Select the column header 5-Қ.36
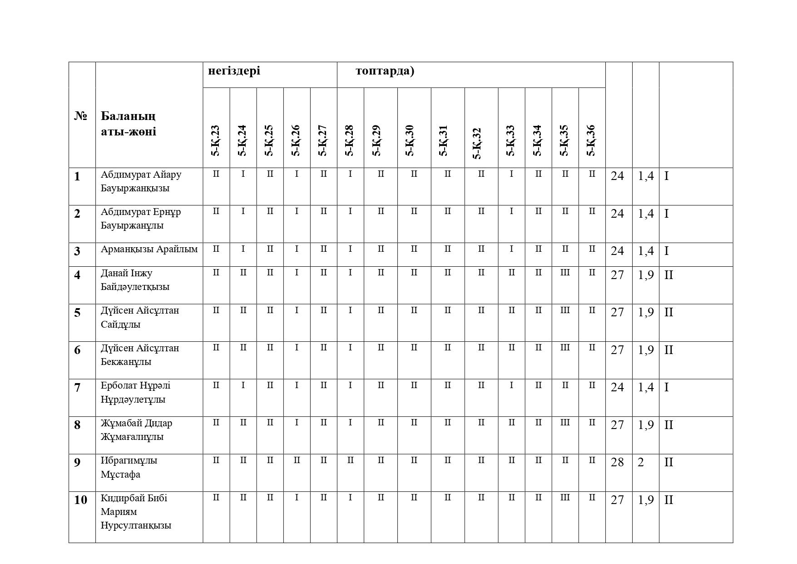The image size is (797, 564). tap(591, 140)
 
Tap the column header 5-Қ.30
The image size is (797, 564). tap(410, 140)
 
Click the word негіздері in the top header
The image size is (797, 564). tap(234, 71)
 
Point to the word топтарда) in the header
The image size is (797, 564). tap(385, 71)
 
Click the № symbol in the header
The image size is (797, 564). tap(80, 116)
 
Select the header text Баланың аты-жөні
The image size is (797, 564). tap(129, 124)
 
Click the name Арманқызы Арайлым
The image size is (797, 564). tap(149, 249)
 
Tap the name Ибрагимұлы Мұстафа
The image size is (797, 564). tap(129, 467)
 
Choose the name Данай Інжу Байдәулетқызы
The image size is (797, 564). tap(135, 280)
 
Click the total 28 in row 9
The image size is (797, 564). tap(617, 462)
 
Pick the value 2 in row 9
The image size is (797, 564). tap(641, 462)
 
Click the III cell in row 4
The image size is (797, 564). tap(564, 273)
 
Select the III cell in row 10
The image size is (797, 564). tap(564, 498)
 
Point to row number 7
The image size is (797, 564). tap(77, 388)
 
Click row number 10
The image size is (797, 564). tap(80, 500)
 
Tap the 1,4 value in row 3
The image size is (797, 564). tap(645, 251)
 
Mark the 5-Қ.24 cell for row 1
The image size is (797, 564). tap(243, 174)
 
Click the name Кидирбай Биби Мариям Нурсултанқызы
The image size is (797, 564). tap(136, 512)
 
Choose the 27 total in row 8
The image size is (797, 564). tap(617, 425)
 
